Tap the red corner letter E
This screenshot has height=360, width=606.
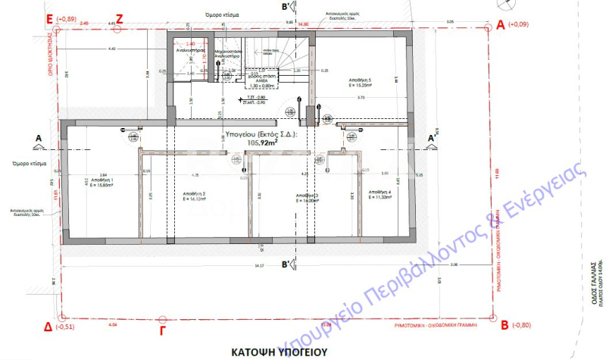click(x=50, y=17)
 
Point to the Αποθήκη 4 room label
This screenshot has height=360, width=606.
click(x=376, y=193)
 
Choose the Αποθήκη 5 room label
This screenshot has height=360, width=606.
click(x=360, y=81)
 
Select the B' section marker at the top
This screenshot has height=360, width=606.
click(x=286, y=7)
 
